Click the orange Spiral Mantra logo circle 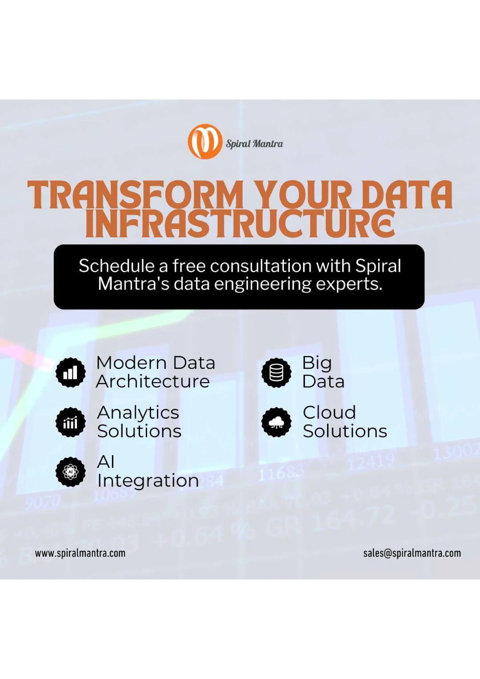tap(205, 141)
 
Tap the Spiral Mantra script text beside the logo tap(254, 144)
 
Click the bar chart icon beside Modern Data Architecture tap(70, 372)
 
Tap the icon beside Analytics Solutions tap(70, 422)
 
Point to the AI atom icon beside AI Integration tap(70, 472)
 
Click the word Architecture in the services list tap(153, 382)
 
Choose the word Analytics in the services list tap(138, 413)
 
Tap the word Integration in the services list tap(148, 481)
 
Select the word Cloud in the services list tap(329, 413)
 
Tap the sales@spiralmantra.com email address tap(412, 553)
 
